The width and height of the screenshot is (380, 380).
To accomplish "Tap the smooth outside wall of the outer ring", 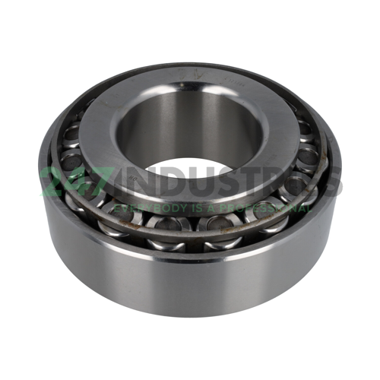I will [x=190, y=274].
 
